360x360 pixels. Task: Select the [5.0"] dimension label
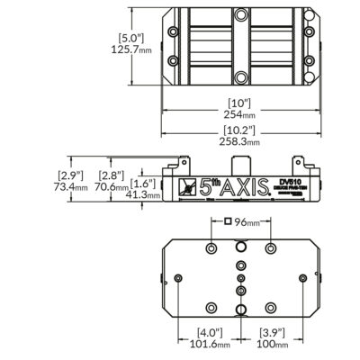click(131, 38)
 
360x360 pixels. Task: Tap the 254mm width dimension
click(240, 114)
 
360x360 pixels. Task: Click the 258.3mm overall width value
click(240, 141)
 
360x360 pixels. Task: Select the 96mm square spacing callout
click(242, 221)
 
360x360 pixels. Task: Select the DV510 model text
click(289, 181)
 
